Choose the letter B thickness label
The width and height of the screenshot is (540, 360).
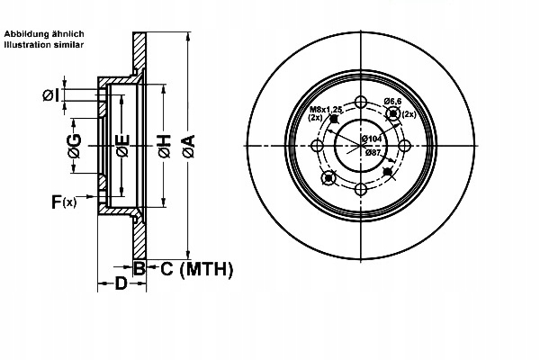coord(139,267)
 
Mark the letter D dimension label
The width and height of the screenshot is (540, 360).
coord(121,285)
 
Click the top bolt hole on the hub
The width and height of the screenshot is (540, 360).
coord(360,102)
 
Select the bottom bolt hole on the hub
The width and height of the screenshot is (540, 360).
coord(360,189)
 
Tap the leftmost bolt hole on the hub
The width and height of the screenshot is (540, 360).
coord(317,146)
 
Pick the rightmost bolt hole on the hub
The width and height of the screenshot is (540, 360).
coord(403,146)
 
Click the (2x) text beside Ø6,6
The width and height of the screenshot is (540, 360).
coord(408,114)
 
